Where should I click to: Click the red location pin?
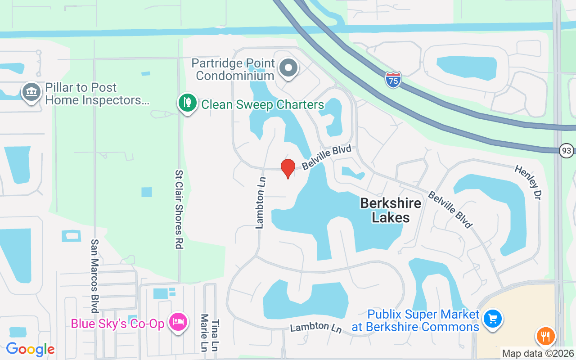point(288,168)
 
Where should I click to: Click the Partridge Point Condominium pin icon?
point(288,68)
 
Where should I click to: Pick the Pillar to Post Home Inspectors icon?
point(31,92)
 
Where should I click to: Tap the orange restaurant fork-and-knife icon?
point(545,336)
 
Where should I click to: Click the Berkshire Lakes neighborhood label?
point(391,210)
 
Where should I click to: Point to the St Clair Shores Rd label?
point(179,209)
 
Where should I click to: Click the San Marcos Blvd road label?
point(94,275)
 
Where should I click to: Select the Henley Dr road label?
point(528,182)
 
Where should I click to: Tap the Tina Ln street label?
point(215,336)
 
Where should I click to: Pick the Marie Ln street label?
point(204,333)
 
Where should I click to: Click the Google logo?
point(30,349)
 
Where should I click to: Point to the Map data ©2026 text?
point(538,354)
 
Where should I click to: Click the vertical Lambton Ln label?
point(261,202)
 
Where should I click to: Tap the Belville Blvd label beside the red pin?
point(326,157)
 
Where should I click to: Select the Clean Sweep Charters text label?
point(262,105)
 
